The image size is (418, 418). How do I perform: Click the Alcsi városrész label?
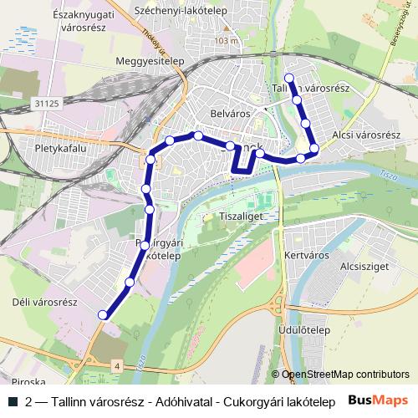click(366, 135)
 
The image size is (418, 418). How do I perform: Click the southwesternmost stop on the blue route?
click(103, 314)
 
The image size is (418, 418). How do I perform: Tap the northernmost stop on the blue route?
click(288, 79)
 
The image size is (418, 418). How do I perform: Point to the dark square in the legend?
click(13, 401)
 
